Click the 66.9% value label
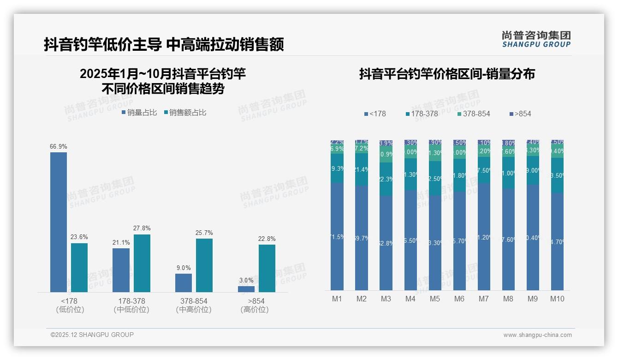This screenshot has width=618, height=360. tap(59, 146)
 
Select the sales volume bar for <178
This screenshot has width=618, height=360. tap(59, 222)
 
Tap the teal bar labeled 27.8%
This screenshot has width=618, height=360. tap(142, 263)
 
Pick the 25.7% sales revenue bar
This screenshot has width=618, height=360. tap(204, 265)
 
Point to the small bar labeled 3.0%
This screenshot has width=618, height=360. tap(246, 289)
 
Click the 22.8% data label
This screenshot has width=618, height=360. tap(267, 239)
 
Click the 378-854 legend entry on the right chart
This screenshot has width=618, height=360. tap(474, 114)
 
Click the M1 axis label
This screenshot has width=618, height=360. tap(337, 299)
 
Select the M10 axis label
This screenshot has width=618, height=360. tap(557, 299)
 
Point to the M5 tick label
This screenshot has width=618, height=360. tap(435, 299)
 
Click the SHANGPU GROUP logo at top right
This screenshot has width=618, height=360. tap(536, 39)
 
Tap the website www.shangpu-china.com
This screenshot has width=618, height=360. tap(537, 335)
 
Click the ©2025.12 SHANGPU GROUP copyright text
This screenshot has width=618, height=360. tap(92, 335)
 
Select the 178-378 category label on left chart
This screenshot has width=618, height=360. tap(131, 301)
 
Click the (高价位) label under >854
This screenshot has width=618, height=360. tap(254, 310)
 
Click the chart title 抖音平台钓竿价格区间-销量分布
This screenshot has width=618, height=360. tap(447, 74)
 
